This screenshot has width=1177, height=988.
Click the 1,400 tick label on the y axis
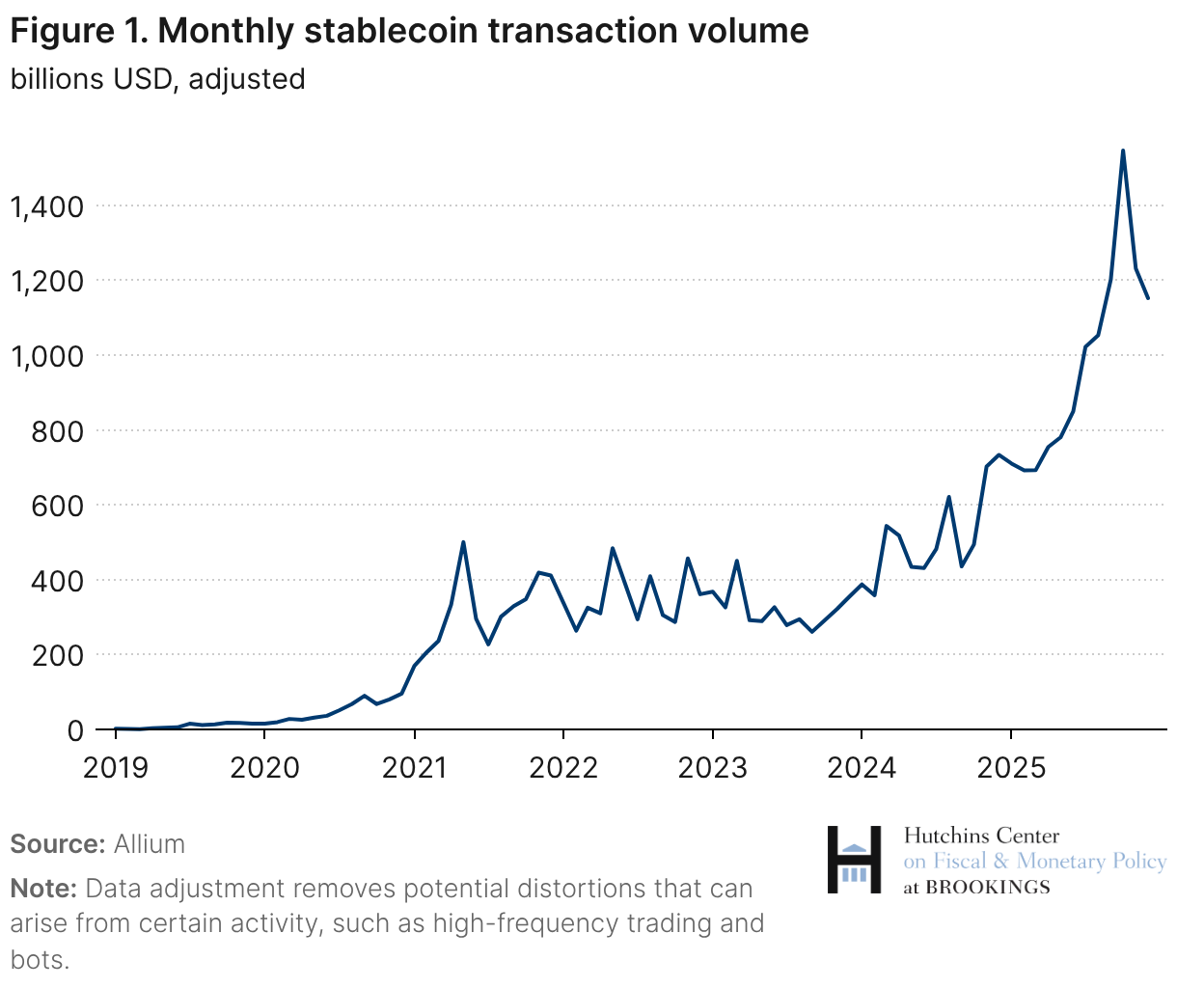click(47, 206)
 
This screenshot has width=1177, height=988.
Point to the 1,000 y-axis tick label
click(47, 356)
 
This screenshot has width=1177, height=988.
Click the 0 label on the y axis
click(75, 730)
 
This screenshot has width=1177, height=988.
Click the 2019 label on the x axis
click(116, 768)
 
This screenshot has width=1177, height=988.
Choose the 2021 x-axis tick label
click(414, 768)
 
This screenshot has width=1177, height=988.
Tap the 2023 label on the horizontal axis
click(712, 768)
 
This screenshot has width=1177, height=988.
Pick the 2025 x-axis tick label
click(1010, 768)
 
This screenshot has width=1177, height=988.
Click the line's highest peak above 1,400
click(1123, 151)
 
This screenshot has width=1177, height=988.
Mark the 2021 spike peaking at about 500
click(463, 542)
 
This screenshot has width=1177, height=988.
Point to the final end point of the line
click(1148, 298)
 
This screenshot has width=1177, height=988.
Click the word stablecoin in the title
click(393, 32)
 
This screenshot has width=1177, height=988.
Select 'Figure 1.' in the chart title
click(77, 32)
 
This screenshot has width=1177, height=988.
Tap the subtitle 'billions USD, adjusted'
click(157, 79)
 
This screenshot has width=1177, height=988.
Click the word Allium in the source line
click(150, 844)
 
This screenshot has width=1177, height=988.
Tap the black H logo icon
click(854, 859)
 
